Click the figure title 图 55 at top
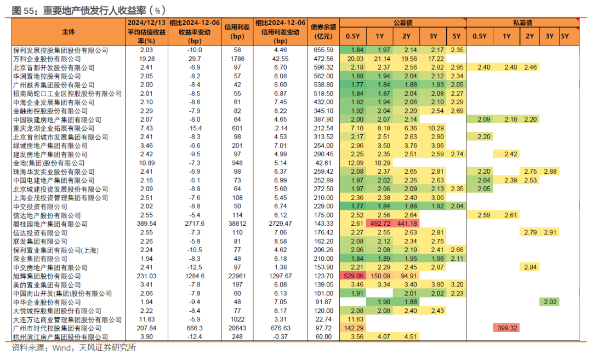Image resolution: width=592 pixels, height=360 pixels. click(x=22, y=10)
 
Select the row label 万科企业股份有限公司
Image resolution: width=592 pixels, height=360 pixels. click(x=47, y=59)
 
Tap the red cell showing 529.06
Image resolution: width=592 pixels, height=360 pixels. click(x=353, y=276)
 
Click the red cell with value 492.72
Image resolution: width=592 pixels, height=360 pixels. click(x=380, y=224)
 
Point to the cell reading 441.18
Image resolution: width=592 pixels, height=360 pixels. click(x=407, y=224)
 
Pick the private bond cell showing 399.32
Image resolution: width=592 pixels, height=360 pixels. click(x=506, y=328)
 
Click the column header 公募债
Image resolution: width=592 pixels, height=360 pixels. click(x=403, y=22)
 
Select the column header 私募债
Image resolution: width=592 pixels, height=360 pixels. click(x=522, y=22)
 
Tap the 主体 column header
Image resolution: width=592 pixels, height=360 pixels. click(x=69, y=32)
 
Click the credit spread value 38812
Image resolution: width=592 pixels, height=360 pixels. click(x=237, y=224)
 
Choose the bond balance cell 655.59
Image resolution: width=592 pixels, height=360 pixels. click(x=323, y=50)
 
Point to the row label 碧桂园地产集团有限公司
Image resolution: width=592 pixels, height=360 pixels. click(x=50, y=224)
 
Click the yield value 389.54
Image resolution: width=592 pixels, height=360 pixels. click(x=146, y=224)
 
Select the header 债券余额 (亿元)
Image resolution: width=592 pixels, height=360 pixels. click(x=323, y=32)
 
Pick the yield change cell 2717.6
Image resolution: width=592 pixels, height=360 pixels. click(x=195, y=224)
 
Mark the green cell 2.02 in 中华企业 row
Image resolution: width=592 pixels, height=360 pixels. click(x=550, y=302)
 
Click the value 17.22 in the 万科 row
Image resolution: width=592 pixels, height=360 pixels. click(x=436, y=59)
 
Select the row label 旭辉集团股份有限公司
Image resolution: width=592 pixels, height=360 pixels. click(x=47, y=276)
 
